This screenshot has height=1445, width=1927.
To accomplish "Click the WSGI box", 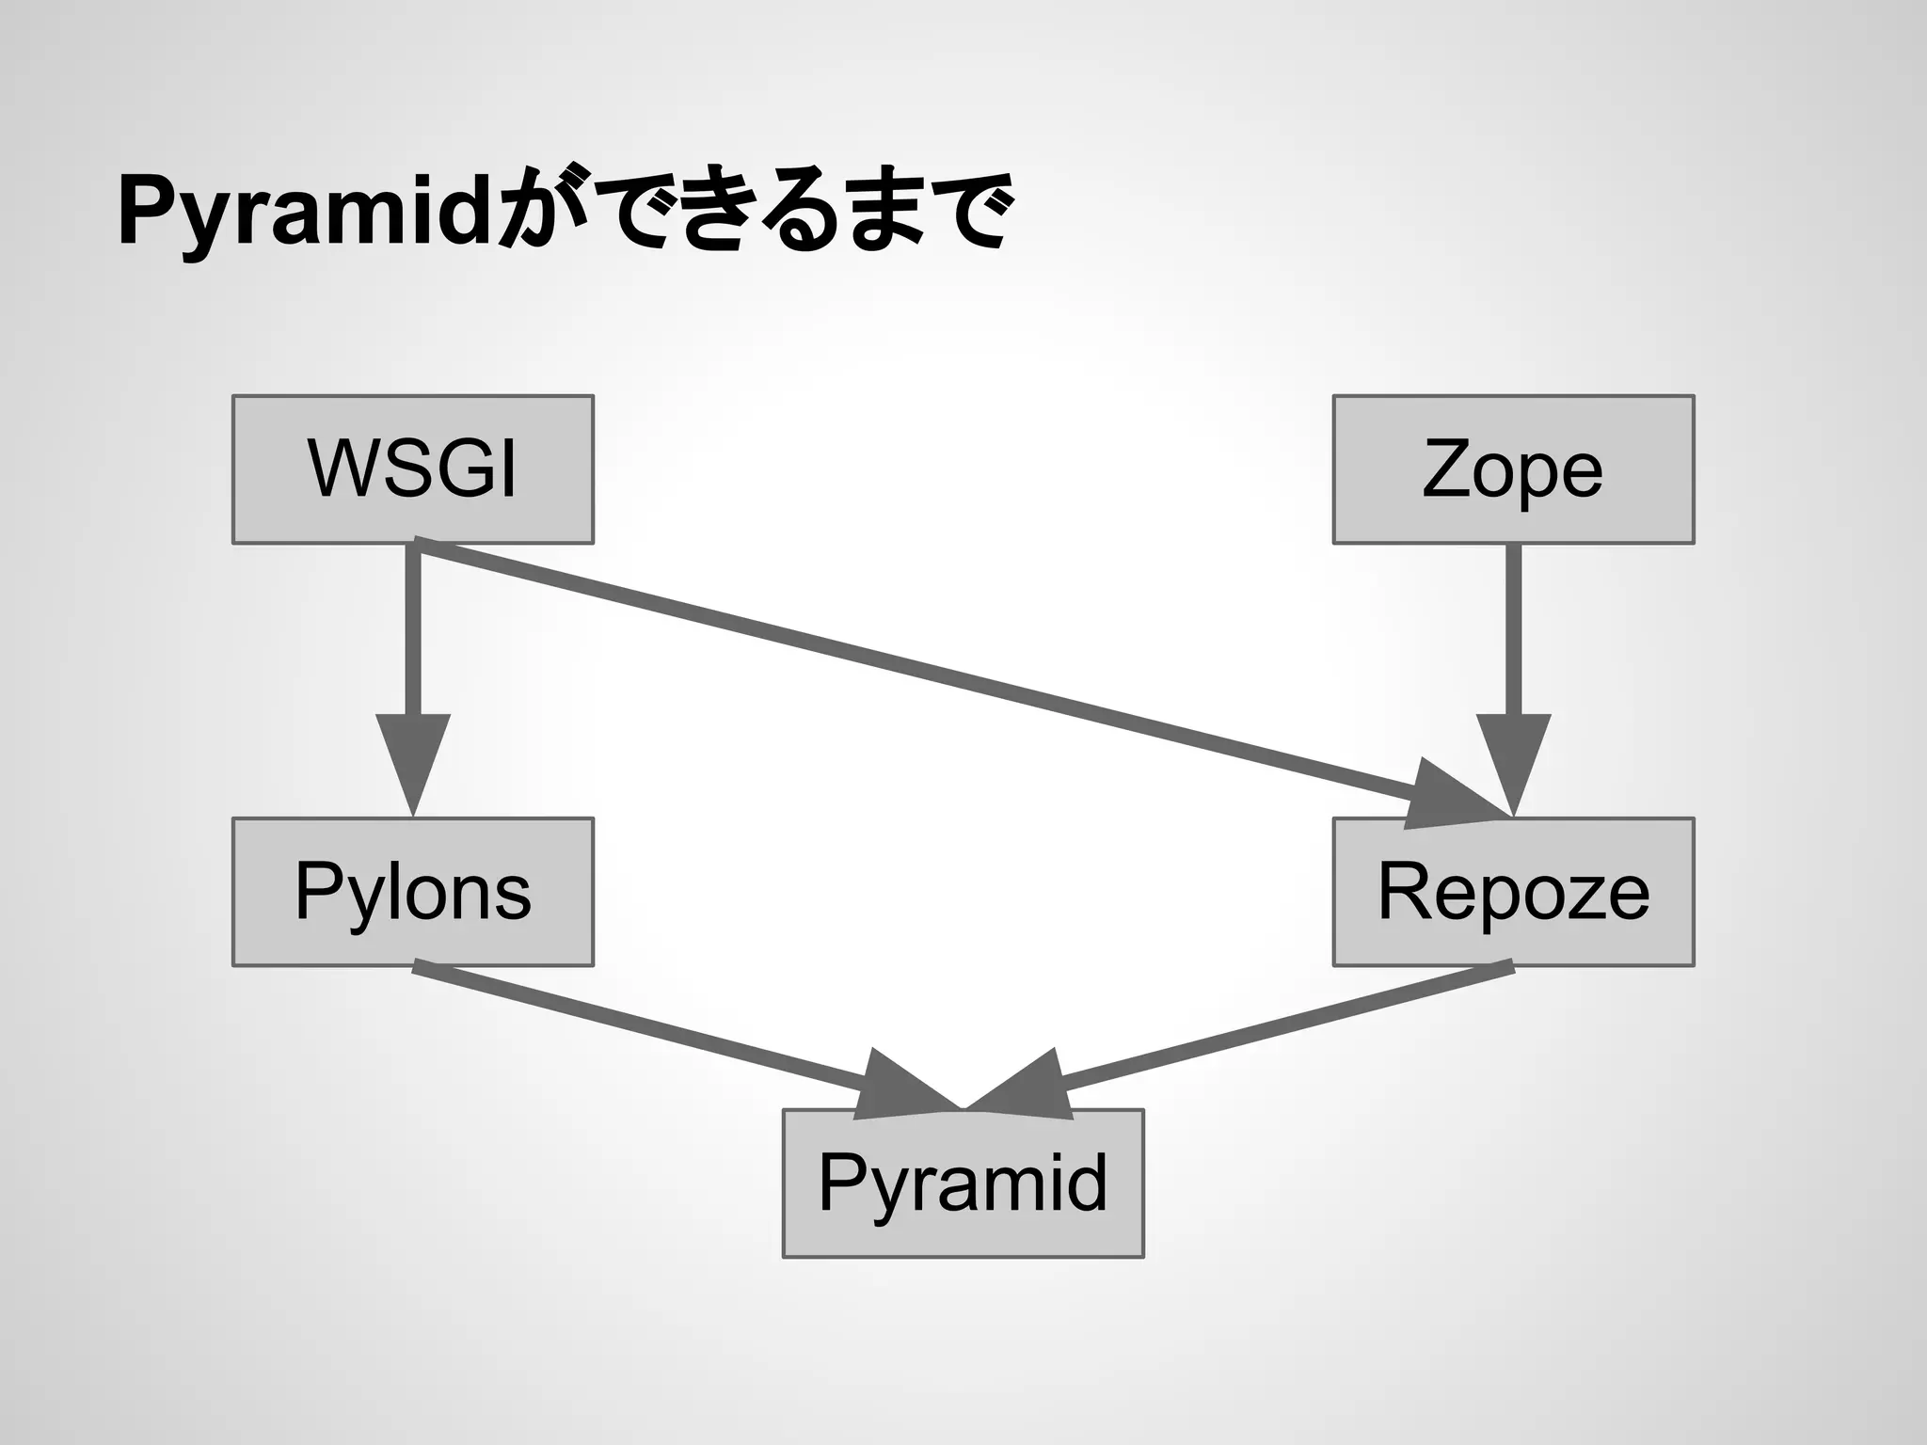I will [412, 468].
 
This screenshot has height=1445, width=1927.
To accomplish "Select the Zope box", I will [1513, 468].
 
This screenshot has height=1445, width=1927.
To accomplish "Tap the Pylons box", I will [412, 891].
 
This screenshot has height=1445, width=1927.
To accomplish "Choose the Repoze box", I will [1513, 891].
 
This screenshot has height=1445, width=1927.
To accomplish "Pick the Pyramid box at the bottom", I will [963, 1183].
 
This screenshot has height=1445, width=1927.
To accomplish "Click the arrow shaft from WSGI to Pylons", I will [413, 630].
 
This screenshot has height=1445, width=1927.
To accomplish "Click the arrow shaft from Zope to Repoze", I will [1513, 630].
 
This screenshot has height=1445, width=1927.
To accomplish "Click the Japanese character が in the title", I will [540, 209].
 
